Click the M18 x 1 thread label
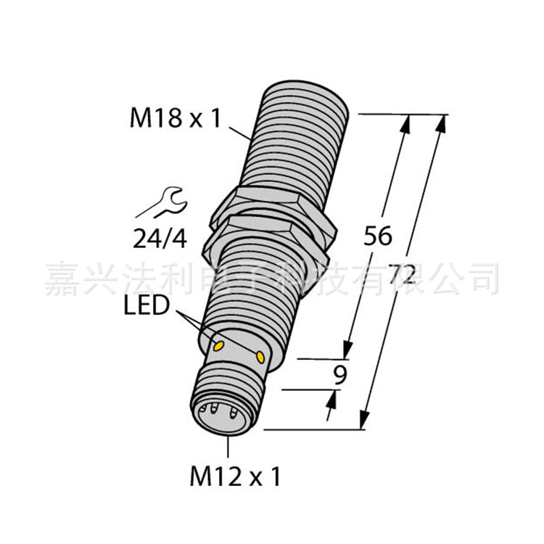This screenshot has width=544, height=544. (162, 118)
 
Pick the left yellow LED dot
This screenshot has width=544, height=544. (217, 347)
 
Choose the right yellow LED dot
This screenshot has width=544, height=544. (260, 356)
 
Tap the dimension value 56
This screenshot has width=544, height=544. (377, 236)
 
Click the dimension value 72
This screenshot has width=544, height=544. (401, 275)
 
